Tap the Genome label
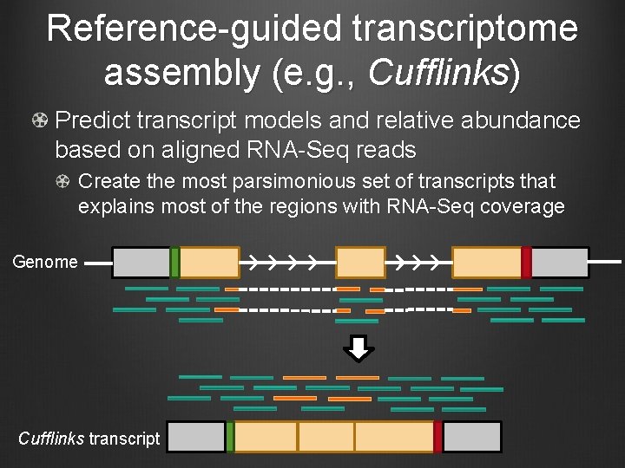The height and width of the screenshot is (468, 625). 45,262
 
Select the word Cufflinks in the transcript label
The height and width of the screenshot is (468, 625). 50,439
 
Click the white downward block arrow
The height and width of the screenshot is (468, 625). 359,348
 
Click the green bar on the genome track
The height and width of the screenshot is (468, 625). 174,262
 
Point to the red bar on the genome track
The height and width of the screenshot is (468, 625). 526,262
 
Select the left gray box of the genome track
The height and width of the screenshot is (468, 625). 141,262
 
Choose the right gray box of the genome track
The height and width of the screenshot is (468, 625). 560,262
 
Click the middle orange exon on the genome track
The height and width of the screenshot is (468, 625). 360,262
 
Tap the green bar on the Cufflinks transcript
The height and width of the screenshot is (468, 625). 230,437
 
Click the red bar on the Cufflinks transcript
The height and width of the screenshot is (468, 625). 438,437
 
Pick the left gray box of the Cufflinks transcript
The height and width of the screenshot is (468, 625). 196,437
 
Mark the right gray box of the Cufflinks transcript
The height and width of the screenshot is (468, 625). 472,437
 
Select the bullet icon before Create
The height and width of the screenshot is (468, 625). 64,182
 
